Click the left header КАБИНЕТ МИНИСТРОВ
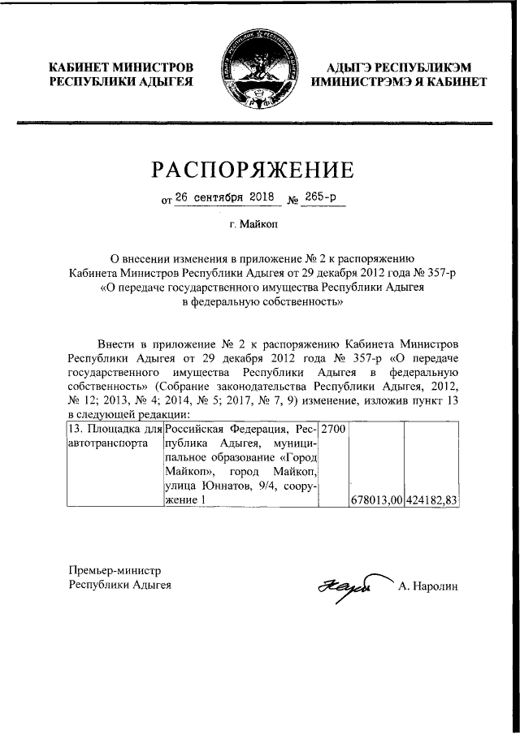121,67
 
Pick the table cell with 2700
333,427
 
